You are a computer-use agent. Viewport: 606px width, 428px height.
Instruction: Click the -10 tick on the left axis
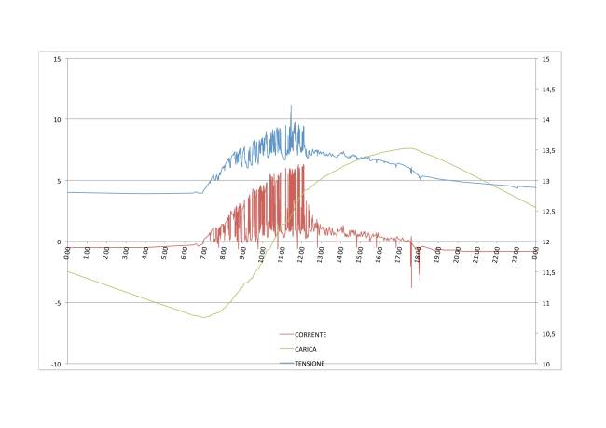[56, 364]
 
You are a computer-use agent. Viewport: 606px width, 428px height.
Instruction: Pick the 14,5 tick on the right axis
[548, 90]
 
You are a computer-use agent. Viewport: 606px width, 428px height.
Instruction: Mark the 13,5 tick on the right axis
[548, 150]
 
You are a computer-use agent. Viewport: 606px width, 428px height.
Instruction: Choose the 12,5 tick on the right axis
[548, 212]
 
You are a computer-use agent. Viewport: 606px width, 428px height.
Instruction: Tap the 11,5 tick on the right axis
[548, 272]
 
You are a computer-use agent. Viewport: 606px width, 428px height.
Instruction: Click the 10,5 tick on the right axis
[548, 334]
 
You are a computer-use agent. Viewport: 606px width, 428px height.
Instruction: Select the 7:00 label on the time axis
[204, 252]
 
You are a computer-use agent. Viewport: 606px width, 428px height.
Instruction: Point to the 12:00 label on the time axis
[301, 253]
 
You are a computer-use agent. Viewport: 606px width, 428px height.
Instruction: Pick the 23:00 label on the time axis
[516, 253]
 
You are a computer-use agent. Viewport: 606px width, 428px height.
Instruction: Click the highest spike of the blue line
[291, 106]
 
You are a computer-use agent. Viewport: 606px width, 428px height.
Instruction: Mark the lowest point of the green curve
[204, 318]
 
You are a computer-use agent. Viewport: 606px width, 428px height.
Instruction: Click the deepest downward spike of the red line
[412, 287]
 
